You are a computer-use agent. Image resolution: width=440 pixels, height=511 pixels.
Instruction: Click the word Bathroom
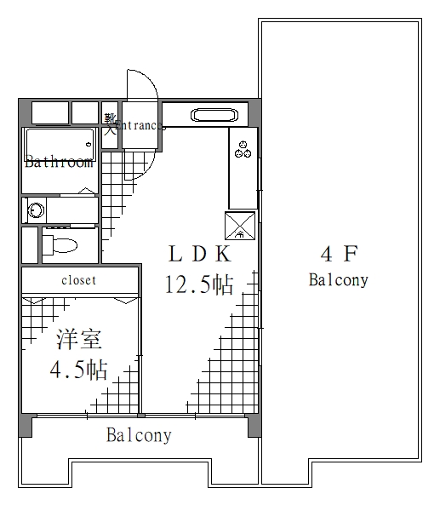click(58, 163)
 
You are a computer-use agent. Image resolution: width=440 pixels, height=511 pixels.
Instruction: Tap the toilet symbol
click(60, 246)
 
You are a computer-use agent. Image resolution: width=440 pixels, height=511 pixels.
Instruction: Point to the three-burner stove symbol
click(243, 148)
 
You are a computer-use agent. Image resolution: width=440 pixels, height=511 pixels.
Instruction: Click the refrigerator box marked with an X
click(241, 224)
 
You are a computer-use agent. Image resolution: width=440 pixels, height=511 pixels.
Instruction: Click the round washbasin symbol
click(37, 210)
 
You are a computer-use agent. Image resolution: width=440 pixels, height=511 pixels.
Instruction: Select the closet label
click(78, 280)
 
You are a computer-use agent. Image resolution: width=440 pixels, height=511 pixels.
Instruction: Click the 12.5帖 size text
click(199, 284)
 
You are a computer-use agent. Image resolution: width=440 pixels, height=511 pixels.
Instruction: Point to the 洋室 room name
click(79, 340)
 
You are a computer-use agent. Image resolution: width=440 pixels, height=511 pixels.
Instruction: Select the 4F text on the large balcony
click(338, 253)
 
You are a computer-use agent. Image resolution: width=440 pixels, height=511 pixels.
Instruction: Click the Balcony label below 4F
click(338, 279)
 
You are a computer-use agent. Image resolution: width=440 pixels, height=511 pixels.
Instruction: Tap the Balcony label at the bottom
click(139, 436)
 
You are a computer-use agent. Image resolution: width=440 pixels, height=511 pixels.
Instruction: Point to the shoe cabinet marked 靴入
click(110, 124)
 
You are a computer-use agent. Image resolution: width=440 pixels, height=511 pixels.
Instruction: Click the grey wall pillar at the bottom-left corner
click(26, 425)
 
